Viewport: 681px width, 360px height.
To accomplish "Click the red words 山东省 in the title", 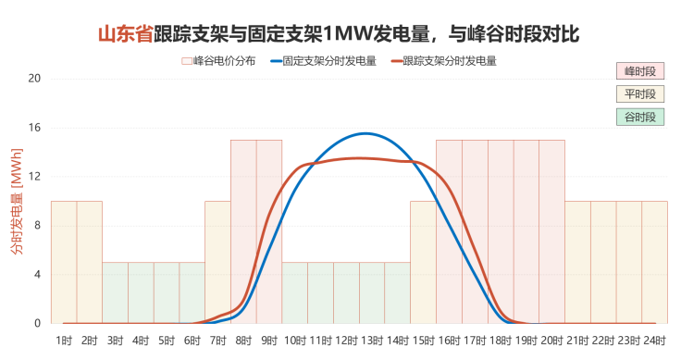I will tap(126, 35).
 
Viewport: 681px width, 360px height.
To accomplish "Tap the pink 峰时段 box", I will tap(640, 71).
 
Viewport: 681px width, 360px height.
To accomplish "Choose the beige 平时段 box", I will tap(640, 94).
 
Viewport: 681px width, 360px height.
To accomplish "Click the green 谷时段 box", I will tap(640, 118).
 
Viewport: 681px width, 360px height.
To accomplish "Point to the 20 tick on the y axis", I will tap(35, 79).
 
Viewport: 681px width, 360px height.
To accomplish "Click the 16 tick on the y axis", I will tap(35, 128).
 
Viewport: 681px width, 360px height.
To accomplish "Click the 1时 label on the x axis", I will tap(64, 341).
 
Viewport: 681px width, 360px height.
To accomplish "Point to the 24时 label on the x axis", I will tap(654, 341).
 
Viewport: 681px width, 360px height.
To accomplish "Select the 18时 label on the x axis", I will tap(501, 341).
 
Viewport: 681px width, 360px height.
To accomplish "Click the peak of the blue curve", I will tap(367, 134).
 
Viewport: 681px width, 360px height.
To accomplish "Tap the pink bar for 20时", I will tap(551, 231).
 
